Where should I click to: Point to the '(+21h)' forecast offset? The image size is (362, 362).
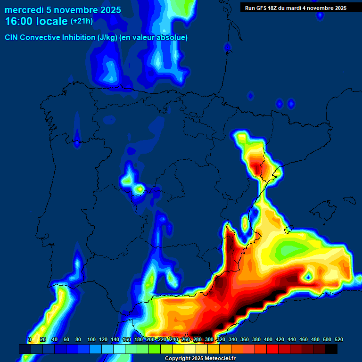[82, 21]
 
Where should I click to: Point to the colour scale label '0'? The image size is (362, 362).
[30, 339]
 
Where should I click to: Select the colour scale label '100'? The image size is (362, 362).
[91, 339]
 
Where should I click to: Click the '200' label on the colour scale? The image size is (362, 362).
[150, 339]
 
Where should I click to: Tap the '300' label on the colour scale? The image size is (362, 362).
[209, 339]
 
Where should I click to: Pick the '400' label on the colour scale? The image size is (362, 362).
[268, 339]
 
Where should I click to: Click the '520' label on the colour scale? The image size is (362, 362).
[338, 339]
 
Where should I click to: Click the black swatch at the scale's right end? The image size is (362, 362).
[331, 349]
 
